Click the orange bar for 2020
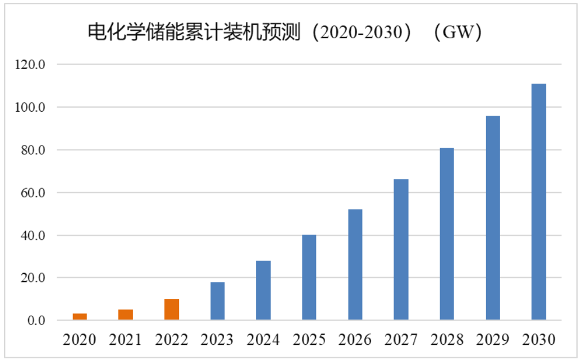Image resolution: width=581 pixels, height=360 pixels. [x=80, y=317]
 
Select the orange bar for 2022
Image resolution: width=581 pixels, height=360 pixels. [x=172, y=309]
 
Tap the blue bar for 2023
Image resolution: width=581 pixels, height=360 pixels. [x=218, y=301]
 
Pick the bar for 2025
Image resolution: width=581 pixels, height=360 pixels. [x=309, y=277]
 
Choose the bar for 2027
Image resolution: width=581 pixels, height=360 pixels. [x=401, y=250]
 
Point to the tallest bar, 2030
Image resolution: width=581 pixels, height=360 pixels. [x=539, y=202]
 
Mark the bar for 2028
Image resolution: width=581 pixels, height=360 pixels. [x=447, y=234]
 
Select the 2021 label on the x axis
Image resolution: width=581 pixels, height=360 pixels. [x=126, y=340]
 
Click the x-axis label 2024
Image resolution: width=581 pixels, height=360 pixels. [x=263, y=340]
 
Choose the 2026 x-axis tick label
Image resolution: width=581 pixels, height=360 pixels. [x=355, y=340]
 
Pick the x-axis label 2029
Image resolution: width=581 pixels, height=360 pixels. [x=493, y=340]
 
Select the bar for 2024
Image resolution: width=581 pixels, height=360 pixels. [x=263, y=290]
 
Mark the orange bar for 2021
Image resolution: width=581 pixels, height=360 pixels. [x=126, y=315]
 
